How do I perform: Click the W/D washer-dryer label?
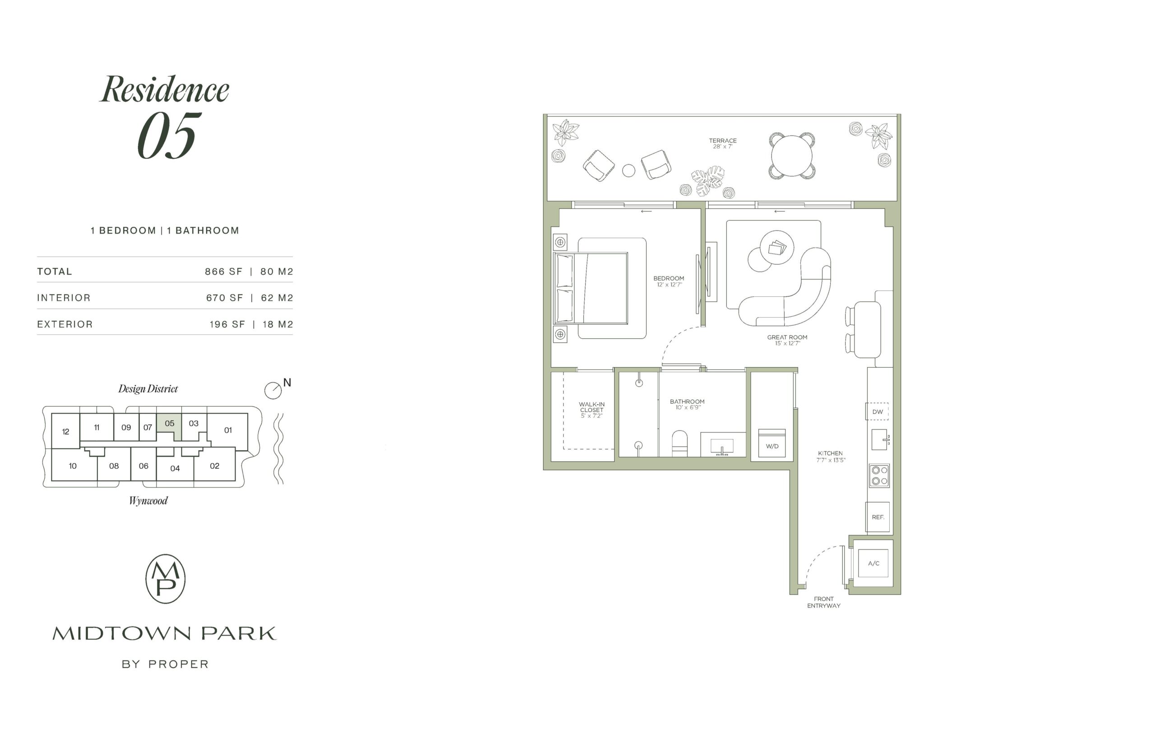pos(772,446)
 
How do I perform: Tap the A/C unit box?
pos(873,563)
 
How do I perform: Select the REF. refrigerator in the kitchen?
pos(878,517)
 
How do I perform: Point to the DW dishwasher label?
pos(878,412)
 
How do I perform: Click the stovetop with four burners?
pos(879,475)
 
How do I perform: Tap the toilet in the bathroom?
pos(679,444)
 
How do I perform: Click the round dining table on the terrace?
pos(792,156)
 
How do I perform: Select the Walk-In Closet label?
pos(591,410)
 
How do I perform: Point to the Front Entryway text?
pos(824,602)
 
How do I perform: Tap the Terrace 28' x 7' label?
pos(723,143)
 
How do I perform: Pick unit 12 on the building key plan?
pos(65,431)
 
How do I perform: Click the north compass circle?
pos(273,391)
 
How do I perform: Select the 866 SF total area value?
pos(223,272)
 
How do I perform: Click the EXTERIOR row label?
pos(65,324)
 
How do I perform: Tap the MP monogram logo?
pos(166,579)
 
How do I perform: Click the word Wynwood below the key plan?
pos(148,501)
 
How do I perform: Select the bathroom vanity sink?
pos(722,445)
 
